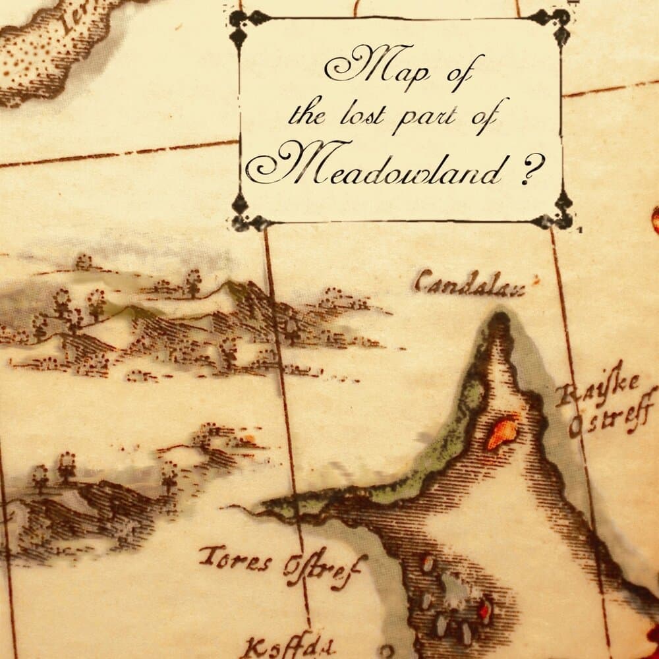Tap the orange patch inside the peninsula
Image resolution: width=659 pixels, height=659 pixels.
pyautogui.click(x=503, y=431)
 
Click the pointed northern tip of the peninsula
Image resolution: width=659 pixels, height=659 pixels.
pyautogui.click(x=500, y=320)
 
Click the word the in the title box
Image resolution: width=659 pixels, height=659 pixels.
pyautogui.click(x=307, y=116)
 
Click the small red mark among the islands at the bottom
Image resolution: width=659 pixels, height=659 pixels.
pyautogui.click(x=485, y=610)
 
